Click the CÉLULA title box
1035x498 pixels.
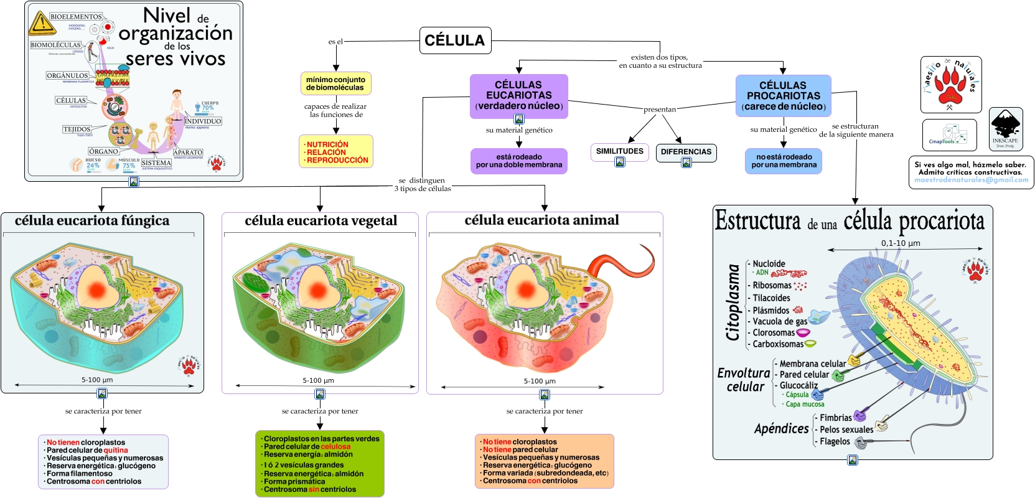455,40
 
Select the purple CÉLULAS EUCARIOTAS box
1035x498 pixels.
518,95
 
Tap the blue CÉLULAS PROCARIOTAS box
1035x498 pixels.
783,96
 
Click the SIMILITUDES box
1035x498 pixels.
619,151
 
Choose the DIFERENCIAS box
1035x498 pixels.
686,152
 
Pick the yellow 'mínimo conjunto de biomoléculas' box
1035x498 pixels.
335,83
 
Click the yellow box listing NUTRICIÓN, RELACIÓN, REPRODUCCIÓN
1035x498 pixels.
336,152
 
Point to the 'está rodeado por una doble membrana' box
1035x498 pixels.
518,161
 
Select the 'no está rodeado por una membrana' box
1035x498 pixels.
784,161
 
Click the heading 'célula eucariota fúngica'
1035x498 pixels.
92,220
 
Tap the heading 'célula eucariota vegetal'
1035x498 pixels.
321,220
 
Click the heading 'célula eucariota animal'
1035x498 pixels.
541,220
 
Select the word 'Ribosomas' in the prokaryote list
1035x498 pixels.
772,285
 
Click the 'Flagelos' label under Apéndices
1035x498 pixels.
835,441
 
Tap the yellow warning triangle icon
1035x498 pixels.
41,24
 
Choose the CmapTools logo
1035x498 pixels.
949,134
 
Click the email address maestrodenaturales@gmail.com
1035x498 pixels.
971,180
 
